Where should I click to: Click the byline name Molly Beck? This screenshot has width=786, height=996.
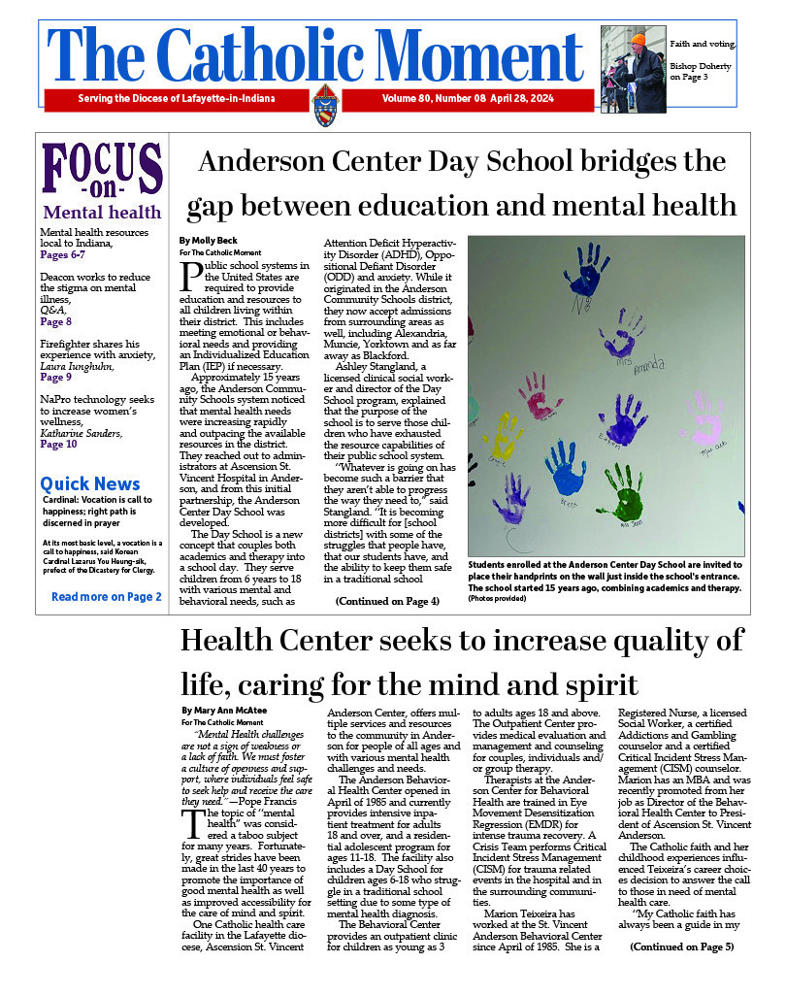click(x=208, y=240)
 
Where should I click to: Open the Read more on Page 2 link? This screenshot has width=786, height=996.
click(x=106, y=596)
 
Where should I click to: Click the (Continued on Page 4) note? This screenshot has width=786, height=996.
click(x=387, y=602)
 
